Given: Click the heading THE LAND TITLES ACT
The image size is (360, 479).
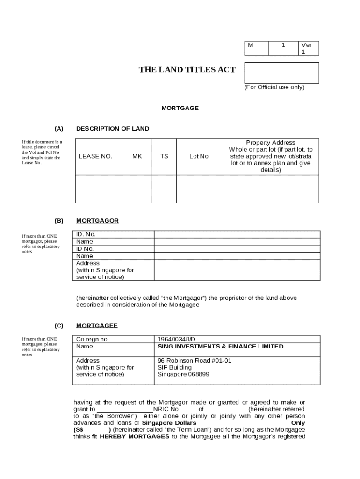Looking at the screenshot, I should [187, 70].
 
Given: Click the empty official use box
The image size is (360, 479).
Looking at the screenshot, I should [281, 73].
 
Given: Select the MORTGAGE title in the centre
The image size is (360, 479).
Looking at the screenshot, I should [180, 108].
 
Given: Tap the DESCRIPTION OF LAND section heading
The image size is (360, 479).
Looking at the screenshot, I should [113, 129].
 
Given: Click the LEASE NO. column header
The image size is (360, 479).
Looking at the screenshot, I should [95, 156].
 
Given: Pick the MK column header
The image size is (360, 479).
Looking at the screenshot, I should [137, 156].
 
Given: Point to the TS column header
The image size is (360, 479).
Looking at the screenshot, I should [165, 156].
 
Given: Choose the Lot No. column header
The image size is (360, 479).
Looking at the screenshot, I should [200, 156].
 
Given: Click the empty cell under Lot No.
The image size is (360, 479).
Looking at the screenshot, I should [200, 189].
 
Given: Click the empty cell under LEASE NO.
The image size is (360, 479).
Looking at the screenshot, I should [99, 189].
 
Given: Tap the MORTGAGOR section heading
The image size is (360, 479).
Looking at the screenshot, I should [97, 220].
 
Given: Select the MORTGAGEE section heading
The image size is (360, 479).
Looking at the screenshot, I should [97, 326].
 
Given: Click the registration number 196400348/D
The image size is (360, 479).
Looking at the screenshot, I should [177, 339].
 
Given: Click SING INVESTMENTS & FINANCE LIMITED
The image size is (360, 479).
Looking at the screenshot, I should [220, 347].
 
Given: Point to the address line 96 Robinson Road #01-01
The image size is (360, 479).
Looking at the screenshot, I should [194, 361].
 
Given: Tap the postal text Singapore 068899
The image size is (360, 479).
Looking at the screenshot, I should [183, 374].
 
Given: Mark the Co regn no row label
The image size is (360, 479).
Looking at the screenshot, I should [92, 339].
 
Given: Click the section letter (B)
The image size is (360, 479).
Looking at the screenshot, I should [59, 220].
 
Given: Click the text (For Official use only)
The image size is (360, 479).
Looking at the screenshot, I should [274, 87].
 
